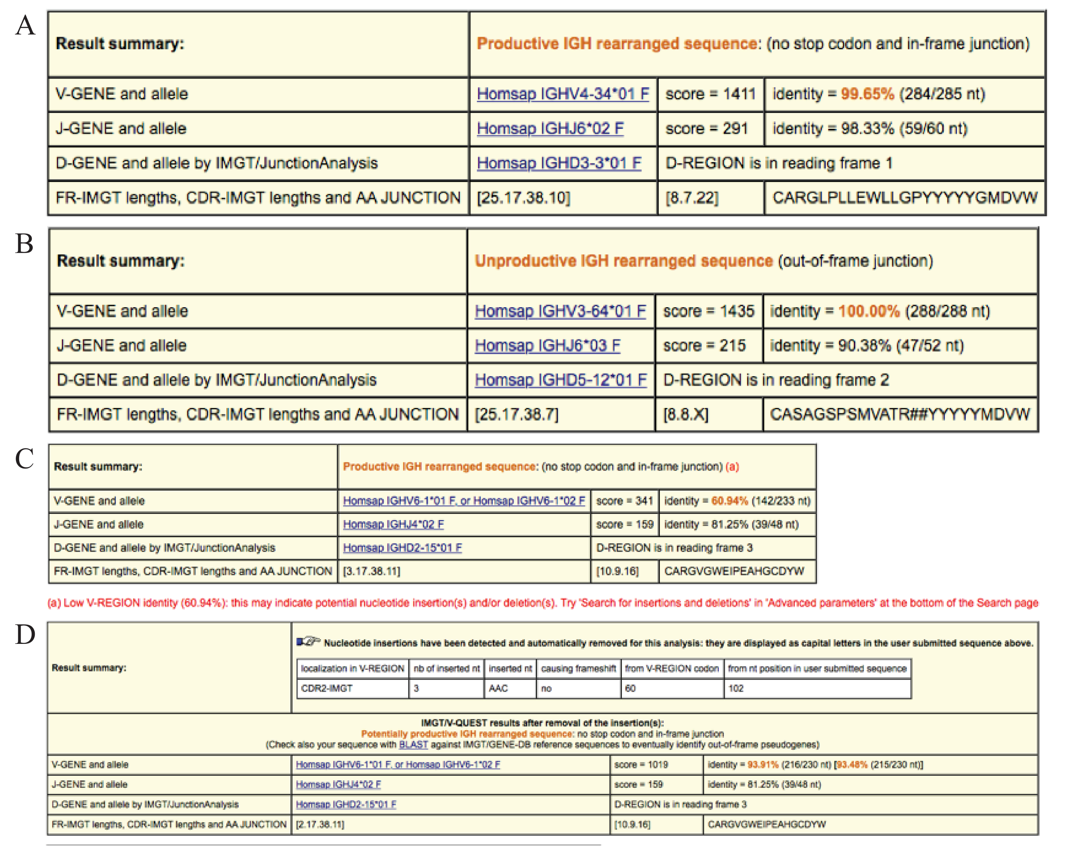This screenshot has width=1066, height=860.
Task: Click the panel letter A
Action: [25, 25]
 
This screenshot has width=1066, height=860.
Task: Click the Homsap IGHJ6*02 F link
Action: [550, 128]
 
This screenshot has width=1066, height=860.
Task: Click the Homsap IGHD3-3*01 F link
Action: [559, 163]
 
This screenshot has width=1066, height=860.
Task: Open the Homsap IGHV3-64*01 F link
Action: [560, 311]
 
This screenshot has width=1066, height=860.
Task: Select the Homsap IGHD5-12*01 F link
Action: [560, 380]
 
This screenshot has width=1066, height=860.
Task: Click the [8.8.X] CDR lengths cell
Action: [686, 414]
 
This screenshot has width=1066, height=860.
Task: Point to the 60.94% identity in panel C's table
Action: [729, 501]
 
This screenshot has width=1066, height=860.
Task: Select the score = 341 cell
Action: [624, 501]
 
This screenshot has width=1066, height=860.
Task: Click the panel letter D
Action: [25, 635]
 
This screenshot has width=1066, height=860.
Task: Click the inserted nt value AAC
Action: [498, 688]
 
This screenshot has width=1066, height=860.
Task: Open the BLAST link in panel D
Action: [413, 744]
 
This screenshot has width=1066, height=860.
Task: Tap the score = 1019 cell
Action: [641, 764]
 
